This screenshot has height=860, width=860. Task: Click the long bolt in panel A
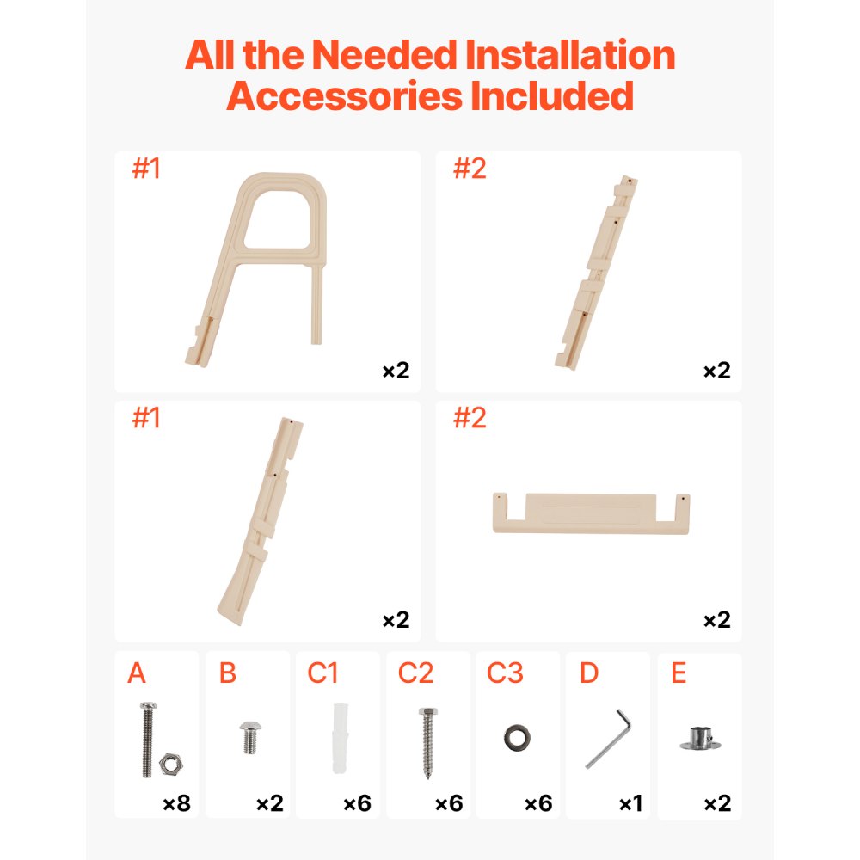(145, 739)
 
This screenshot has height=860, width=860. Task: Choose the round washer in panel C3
(518, 737)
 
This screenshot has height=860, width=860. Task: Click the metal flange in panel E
(699, 738)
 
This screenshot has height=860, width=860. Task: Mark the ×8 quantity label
(176, 804)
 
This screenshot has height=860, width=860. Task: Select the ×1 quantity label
(630, 804)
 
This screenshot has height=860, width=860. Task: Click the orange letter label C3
(505, 673)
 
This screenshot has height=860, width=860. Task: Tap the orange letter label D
(588, 673)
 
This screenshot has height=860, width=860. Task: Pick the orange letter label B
(227, 673)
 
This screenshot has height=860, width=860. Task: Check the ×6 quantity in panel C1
(357, 804)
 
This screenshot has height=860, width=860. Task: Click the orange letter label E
(679, 673)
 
